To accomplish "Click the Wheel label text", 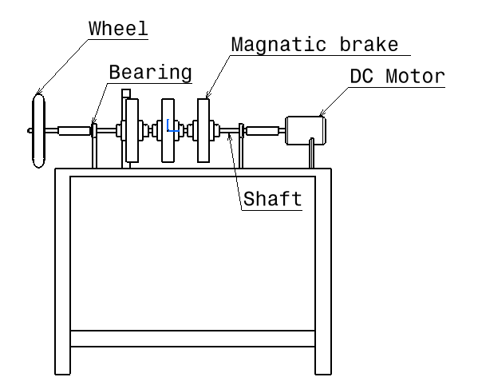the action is click(x=118, y=29).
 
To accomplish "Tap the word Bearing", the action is click(x=150, y=73).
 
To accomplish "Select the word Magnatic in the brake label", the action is click(x=279, y=45).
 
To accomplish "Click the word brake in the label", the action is click(x=369, y=45).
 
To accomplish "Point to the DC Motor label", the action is click(x=397, y=76).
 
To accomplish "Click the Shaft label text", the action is click(x=273, y=199).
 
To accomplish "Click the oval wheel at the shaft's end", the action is click(x=39, y=131).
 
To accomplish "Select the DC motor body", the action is click(x=306, y=130).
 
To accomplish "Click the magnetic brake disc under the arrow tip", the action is click(x=203, y=130).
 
